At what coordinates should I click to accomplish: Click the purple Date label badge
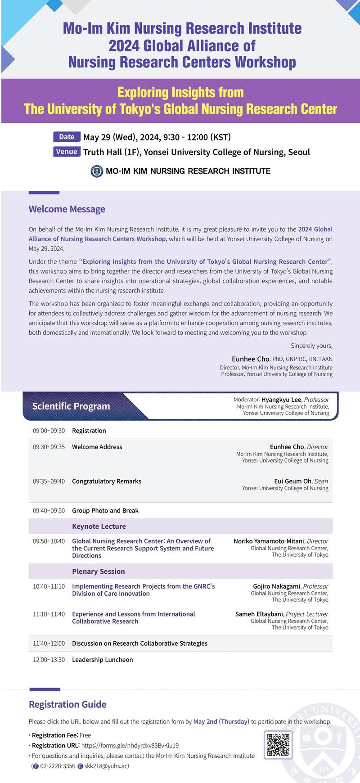click(67, 137)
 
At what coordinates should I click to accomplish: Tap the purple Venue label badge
click(67, 152)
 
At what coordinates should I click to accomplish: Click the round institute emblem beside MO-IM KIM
click(97, 171)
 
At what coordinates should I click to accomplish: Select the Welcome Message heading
click(67, 209)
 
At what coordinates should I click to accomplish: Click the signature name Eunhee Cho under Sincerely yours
click(250, 359)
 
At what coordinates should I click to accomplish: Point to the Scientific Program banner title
click(71, 406)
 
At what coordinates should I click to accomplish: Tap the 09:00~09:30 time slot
click(49, 431)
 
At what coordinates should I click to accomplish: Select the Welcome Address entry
click(97, 447)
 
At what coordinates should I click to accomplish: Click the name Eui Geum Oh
click(292, 481)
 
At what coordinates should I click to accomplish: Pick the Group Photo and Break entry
click(105, 510)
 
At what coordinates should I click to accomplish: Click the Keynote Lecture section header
click(99, 526)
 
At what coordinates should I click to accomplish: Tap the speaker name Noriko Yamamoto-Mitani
click(269, 541)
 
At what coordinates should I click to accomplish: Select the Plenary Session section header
click(99, 571)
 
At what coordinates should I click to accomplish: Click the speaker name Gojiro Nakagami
click(277, 586)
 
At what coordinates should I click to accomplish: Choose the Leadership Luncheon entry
click(103, 659)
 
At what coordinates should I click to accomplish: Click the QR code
click(278, 745)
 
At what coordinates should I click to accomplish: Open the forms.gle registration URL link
click(130, 745)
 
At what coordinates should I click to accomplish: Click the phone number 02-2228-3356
click(58, 766)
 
